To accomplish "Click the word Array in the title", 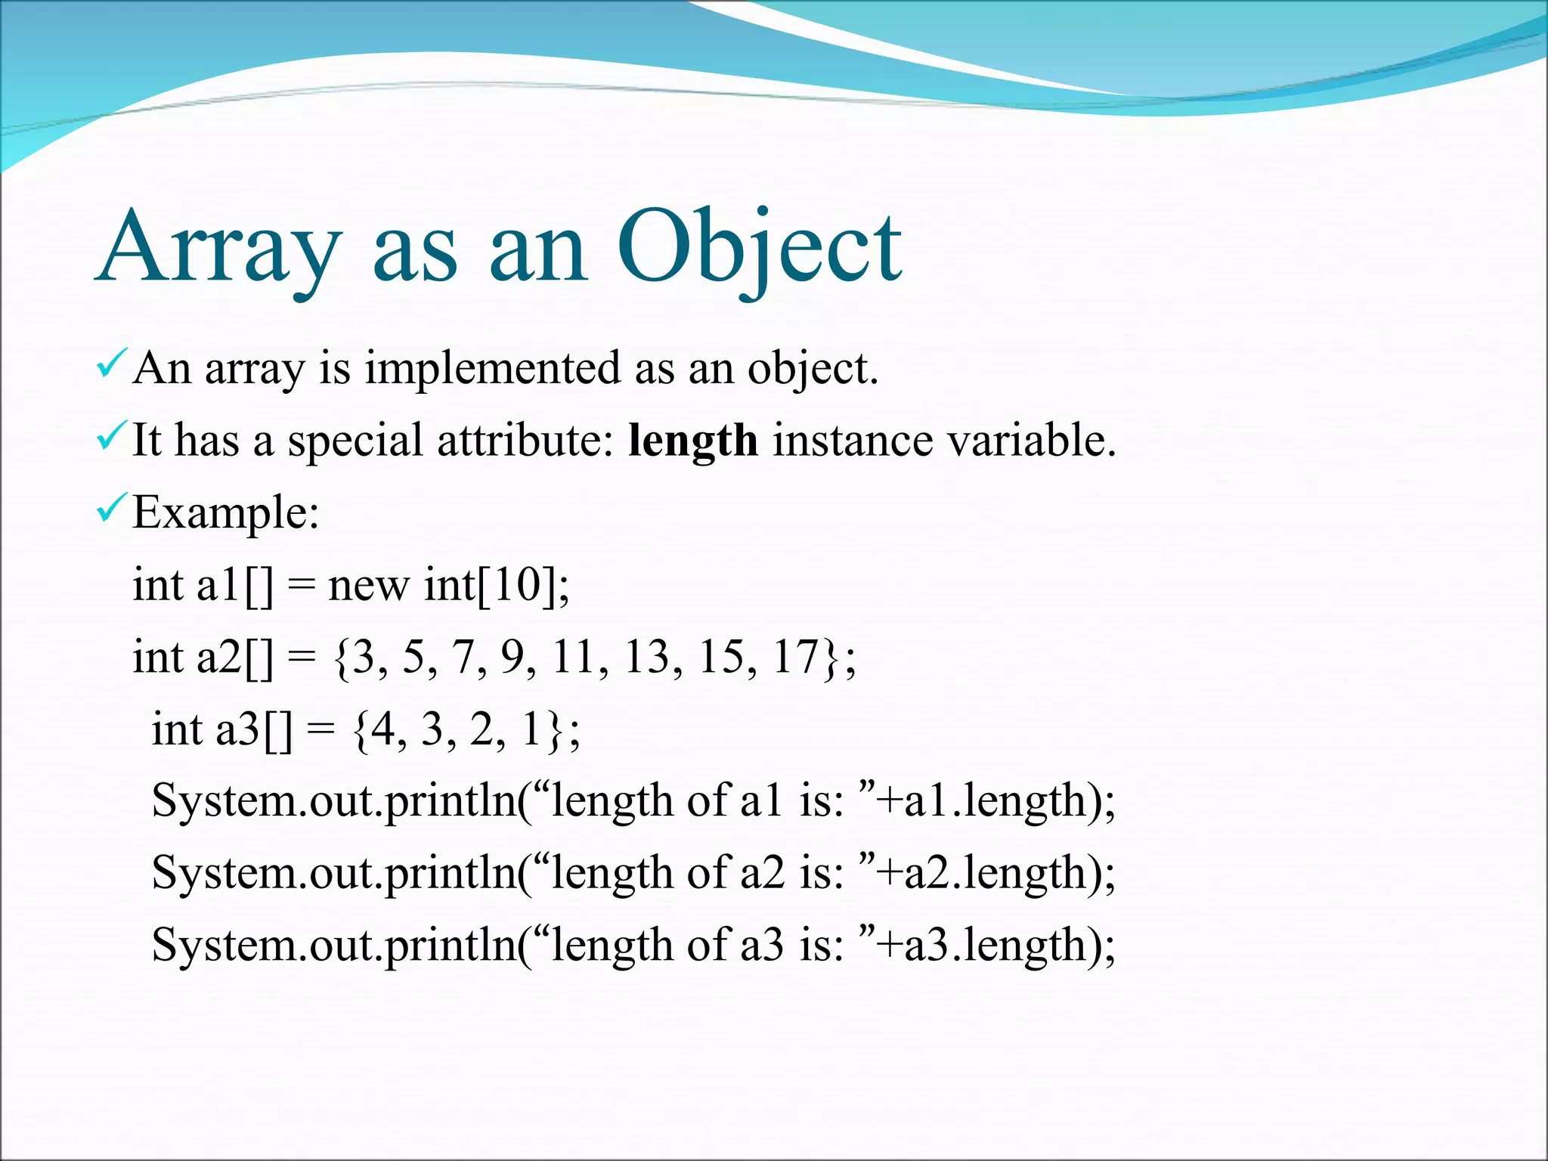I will coord(219,248).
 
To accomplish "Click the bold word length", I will coord(692,441).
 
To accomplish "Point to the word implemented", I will coord(492,369).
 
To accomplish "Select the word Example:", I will coord(226,513).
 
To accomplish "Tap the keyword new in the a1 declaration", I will coord(368,586).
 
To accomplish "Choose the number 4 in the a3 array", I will coord(383,729).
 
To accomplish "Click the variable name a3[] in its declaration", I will coord(254,729).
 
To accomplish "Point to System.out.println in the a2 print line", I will coord(333,873).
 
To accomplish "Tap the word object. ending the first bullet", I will coord(813,369).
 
